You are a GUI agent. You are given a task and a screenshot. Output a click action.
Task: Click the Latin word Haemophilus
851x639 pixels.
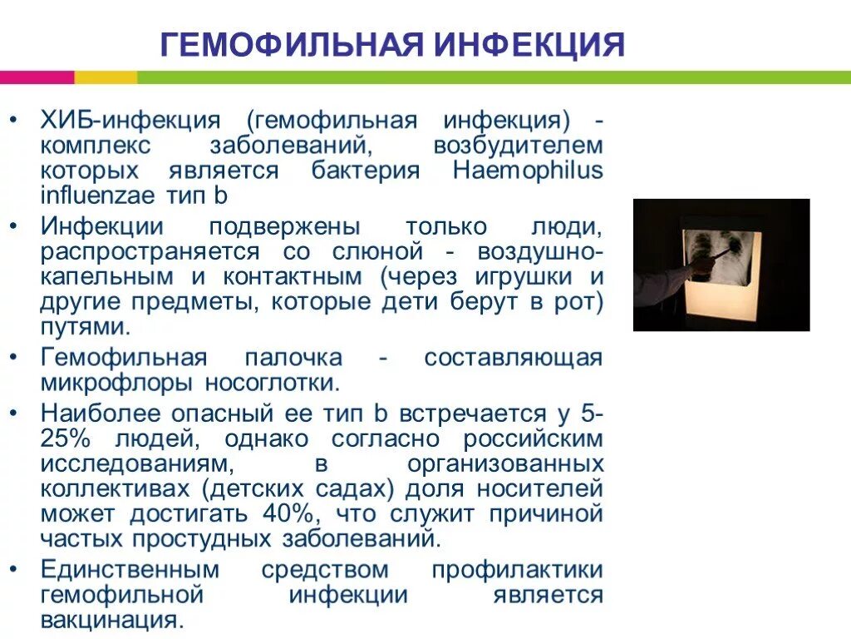(528, 171)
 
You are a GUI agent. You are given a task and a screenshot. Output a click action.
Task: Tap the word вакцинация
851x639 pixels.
(109, 620)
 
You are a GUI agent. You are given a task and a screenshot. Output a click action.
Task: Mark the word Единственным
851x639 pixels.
(130, 570)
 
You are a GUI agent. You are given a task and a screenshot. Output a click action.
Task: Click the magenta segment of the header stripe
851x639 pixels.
(37, 77)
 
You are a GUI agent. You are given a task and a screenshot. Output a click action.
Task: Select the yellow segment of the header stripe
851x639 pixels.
(106, 77)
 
